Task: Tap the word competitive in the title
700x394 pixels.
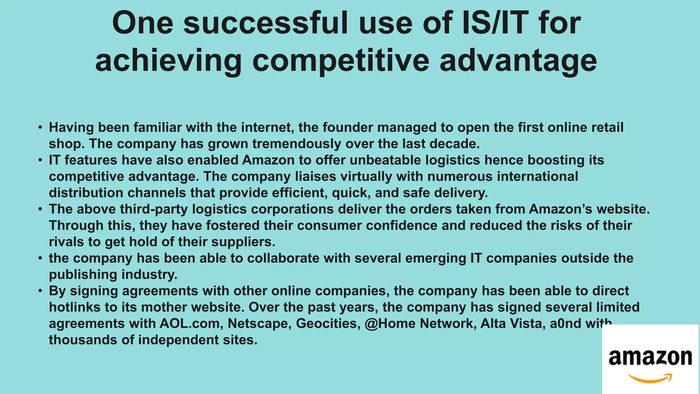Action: click(x=340, y=60)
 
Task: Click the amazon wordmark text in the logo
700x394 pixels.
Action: click(x=650, y=357)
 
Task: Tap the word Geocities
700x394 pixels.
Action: click(x=328, y=324)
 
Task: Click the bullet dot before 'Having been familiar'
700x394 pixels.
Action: click(x=40, y=128)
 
